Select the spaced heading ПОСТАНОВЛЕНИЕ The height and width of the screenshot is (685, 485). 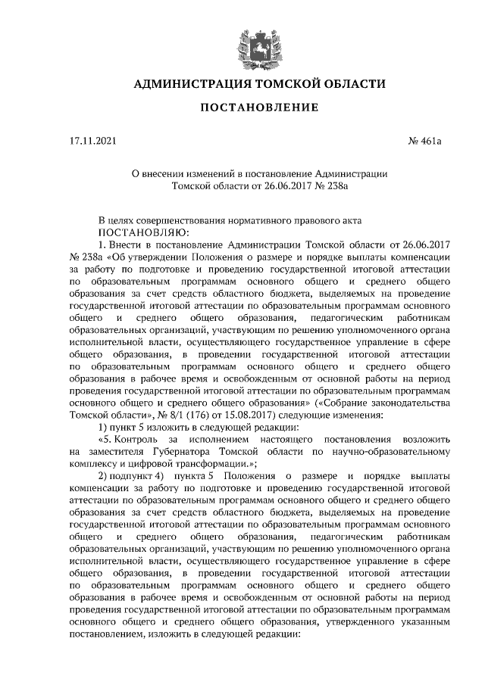point(258,109)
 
